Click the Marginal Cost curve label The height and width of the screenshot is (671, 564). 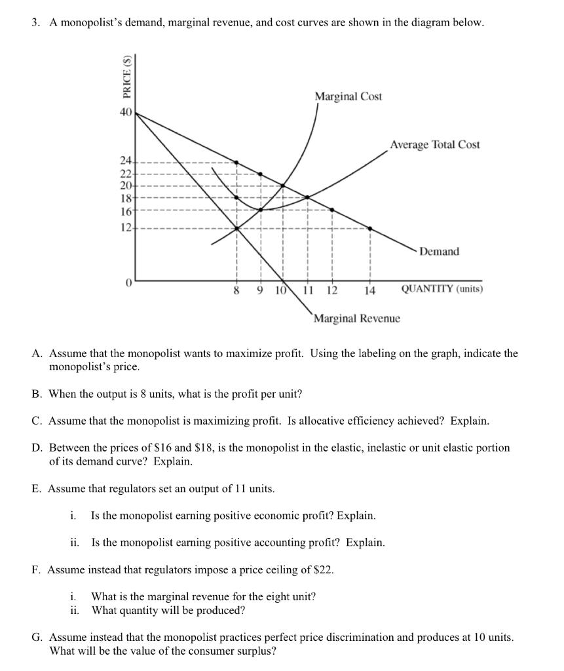point(348,96)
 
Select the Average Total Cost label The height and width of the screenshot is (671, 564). point(435,144)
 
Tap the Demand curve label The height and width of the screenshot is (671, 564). point(439,252)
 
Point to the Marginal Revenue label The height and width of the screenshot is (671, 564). point(356,318)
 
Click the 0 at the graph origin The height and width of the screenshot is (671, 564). point(129,282)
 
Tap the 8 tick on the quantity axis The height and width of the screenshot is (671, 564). point(236,291)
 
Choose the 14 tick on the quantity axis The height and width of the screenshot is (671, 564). point(371,291)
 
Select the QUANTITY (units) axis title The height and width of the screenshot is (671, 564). point(442,289)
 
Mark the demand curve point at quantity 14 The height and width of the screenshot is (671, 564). point(370,228)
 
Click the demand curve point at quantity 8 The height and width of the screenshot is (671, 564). point(236,162)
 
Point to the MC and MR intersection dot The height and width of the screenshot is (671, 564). point(236,228)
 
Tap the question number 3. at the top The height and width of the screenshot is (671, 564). point(36,23)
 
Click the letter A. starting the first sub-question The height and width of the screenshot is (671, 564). point(37,354)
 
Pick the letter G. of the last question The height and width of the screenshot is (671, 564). point(37,638)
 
